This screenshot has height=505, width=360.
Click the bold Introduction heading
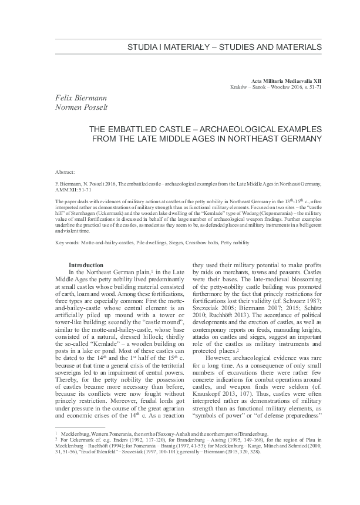(x=86, y=265)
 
